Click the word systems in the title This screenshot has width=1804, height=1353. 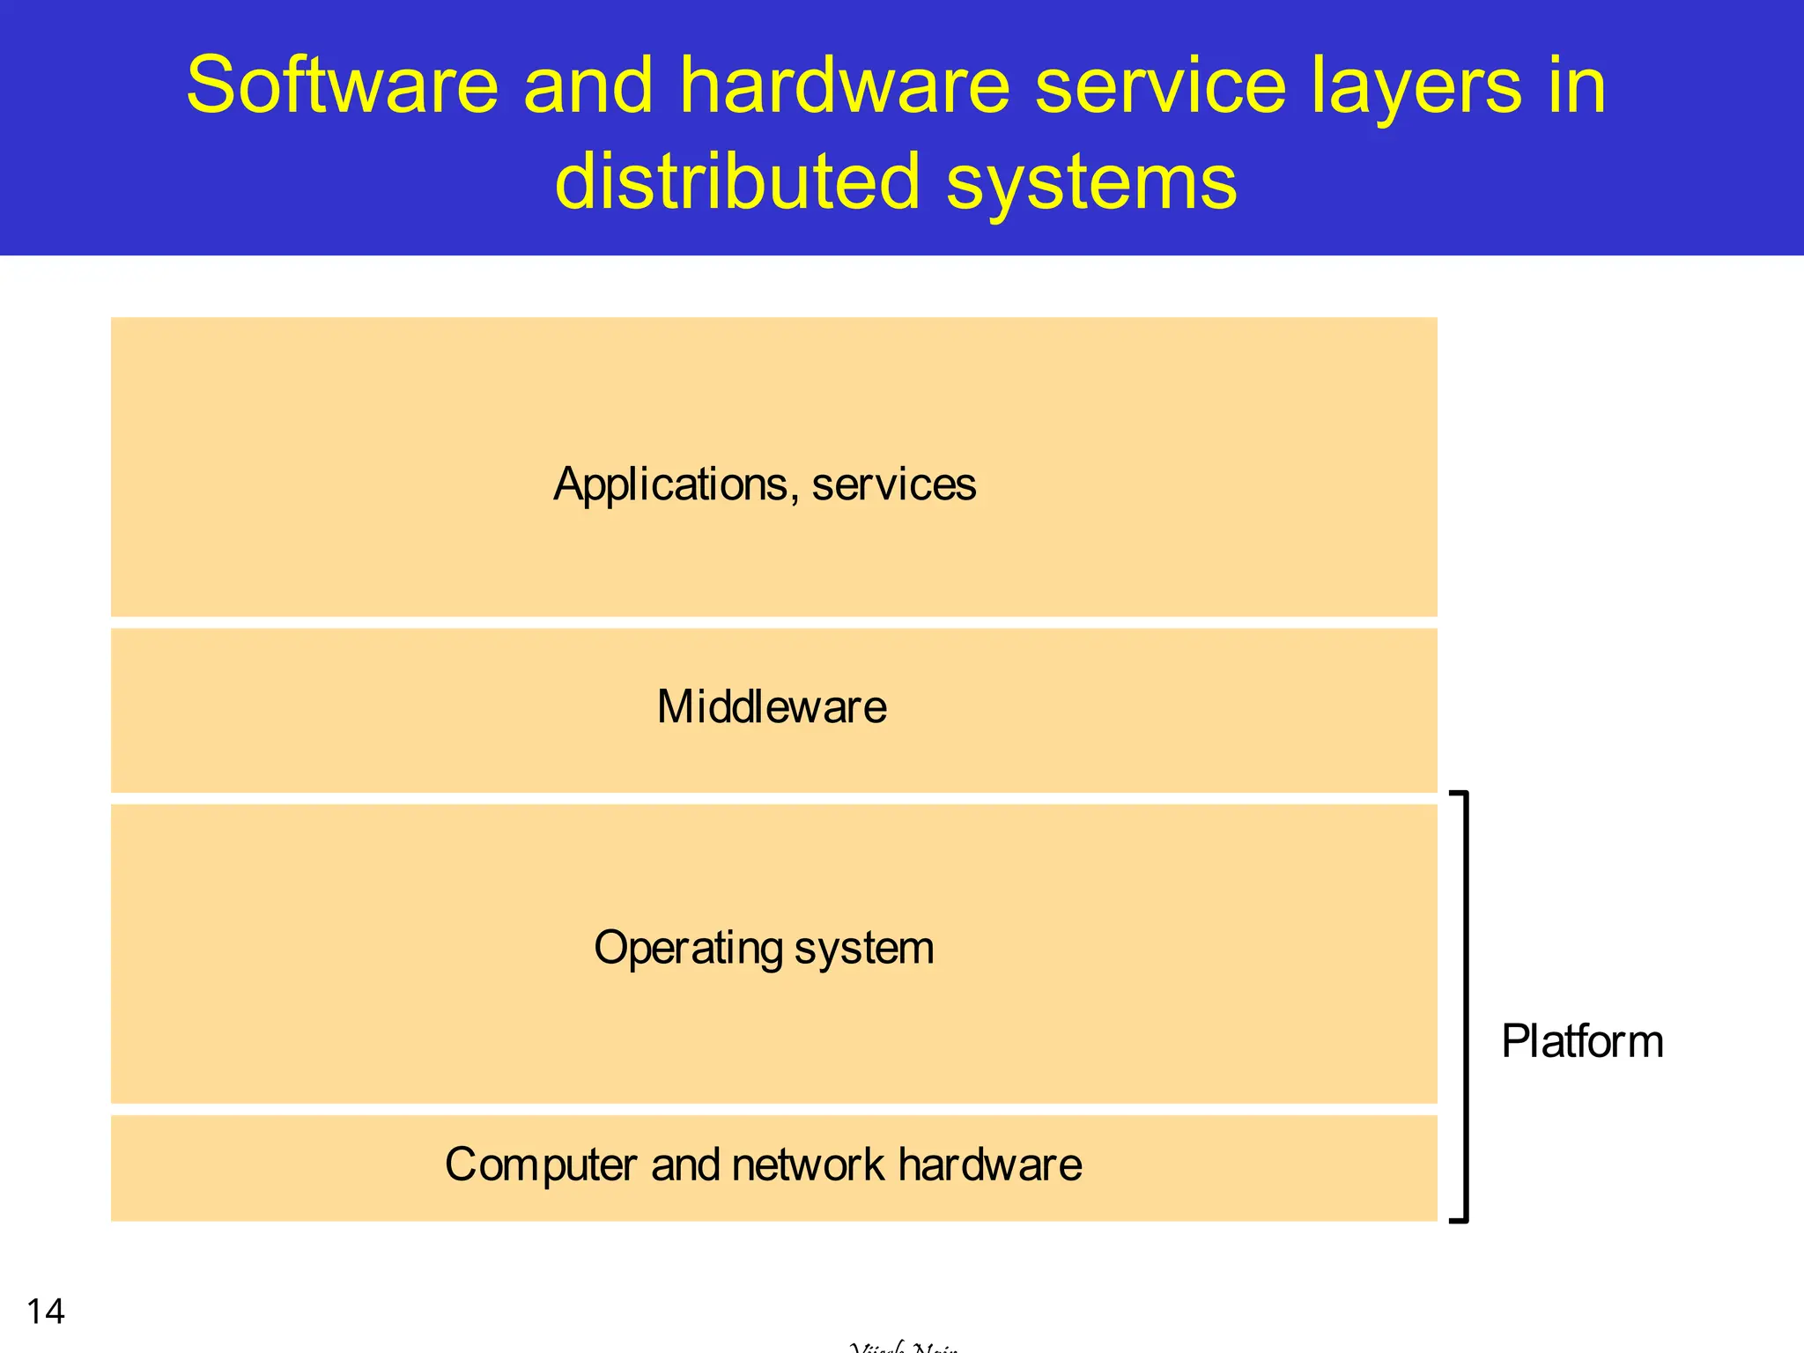1091,183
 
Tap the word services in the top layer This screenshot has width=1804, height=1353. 893,485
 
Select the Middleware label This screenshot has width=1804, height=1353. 772,706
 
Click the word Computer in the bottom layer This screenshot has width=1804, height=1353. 540,1165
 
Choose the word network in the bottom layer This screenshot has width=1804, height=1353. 807,1164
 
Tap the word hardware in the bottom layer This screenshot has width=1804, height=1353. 990,1164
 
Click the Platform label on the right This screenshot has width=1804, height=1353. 1582,1041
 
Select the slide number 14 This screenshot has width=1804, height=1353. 46,1311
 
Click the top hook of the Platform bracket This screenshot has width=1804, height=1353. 1459,795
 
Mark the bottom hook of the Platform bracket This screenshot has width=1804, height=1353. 1459,1219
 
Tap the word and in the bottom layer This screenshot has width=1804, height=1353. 684,1164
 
